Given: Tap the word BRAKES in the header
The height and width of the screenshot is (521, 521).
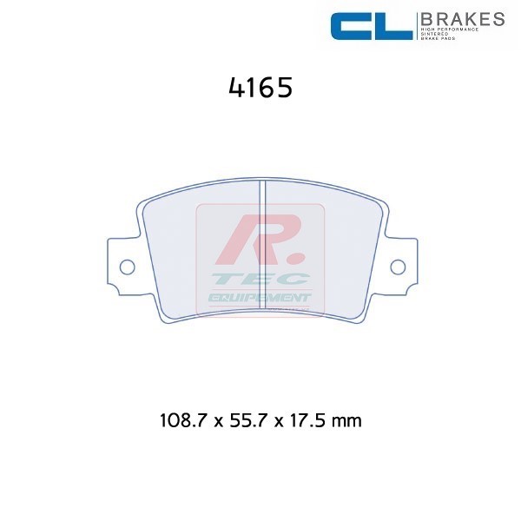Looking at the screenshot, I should click(461, 18).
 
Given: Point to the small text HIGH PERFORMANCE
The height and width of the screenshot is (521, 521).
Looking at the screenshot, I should click(449, 30).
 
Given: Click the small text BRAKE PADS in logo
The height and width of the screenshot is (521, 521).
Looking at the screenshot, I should click(439, 41).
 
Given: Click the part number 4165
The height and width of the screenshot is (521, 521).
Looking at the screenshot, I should click(259, 89).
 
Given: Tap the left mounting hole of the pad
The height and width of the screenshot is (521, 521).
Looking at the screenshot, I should click(126, 266).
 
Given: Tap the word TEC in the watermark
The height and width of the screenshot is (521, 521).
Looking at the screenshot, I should click(260, 280).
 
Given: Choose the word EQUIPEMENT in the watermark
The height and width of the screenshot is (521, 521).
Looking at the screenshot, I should click(259, 297).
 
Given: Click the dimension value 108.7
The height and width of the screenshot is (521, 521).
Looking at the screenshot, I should click(184, 421).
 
